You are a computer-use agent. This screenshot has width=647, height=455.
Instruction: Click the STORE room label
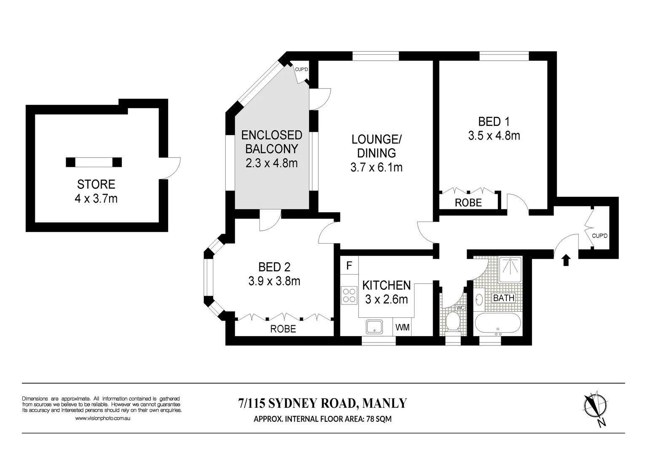[96, 184]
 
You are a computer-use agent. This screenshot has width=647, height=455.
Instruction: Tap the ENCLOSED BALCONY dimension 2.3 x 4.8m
[272, 163]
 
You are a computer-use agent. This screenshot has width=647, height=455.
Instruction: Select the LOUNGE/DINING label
[377, 145]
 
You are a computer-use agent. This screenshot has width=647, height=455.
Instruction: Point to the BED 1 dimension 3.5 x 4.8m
[494, 136]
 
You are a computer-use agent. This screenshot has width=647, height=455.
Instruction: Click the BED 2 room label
[274, 267]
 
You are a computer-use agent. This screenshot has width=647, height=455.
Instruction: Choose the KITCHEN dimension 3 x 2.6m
[386, 299]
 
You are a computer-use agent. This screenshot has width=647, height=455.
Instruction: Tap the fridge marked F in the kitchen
[349, 266]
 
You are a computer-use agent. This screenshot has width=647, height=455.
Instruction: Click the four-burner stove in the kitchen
[349, 294]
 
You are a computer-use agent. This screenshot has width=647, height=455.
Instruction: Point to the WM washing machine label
[403, 327]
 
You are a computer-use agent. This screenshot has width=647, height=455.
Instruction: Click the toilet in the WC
[452, 321]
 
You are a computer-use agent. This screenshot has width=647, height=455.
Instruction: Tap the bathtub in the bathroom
[498, 323]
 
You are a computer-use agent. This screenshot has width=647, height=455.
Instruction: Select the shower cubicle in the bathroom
[510, 270]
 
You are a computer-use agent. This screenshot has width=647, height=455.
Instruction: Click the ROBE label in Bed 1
[468, 203]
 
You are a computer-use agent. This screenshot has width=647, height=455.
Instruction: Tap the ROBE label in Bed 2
[283, 329]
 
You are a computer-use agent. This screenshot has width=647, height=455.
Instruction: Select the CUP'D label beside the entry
[599, 236]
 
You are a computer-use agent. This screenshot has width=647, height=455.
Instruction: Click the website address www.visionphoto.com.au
[103, 418]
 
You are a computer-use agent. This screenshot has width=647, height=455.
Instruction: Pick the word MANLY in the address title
[385, 403]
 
